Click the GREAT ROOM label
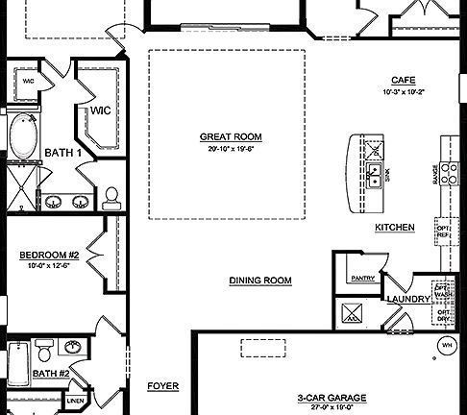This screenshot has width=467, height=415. tap(230, 136)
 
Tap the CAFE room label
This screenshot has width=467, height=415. tap(402, 80)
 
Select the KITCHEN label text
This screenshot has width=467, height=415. tap(394, 227)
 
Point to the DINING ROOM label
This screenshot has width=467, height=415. tap(259, 281)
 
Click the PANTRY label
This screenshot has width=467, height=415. tap(362, 278)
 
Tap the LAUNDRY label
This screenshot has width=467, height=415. tap(404, 299)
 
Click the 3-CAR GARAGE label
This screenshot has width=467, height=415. tap(317, 395)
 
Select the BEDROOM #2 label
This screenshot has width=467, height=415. tap(48, 255)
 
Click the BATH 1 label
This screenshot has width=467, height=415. tap(63, 152)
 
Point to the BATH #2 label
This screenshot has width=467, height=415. tap(50, 373)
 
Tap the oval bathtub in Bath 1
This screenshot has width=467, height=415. tap(20, 138)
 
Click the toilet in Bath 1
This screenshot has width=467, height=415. tap(111, 196)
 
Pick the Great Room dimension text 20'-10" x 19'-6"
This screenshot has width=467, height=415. tap(230, 149)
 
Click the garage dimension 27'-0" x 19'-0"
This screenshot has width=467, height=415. tap(317, 406)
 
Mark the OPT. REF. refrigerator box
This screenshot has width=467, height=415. tap(443, 231)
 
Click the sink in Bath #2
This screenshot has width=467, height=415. tap(71, 346)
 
